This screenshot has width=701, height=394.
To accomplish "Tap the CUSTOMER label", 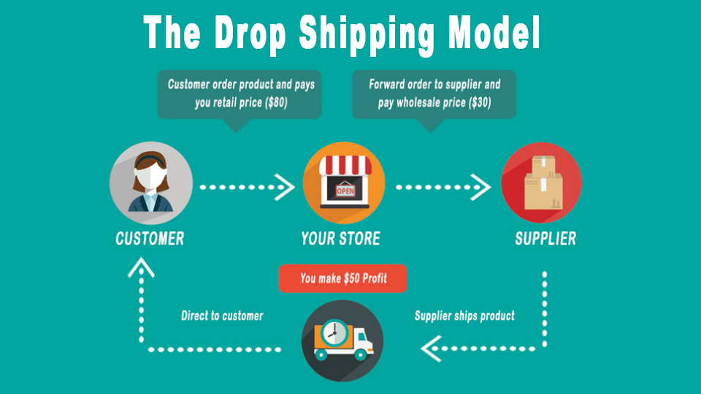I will (150, 238).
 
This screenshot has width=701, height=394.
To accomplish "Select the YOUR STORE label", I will (340, 238).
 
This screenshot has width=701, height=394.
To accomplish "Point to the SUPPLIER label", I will (545, 238).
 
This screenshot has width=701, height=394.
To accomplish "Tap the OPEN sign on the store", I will (344, 190).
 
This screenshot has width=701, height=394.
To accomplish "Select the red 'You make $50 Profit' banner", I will (342, 278).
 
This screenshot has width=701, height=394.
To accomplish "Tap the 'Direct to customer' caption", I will (222, 316).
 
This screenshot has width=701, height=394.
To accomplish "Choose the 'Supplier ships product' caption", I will (464, 316).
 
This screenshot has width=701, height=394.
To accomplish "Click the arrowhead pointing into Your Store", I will (286, 187).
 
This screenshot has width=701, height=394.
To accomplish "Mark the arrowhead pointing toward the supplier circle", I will (482, 187).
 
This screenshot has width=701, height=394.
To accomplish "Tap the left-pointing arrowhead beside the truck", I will (430, 349).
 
